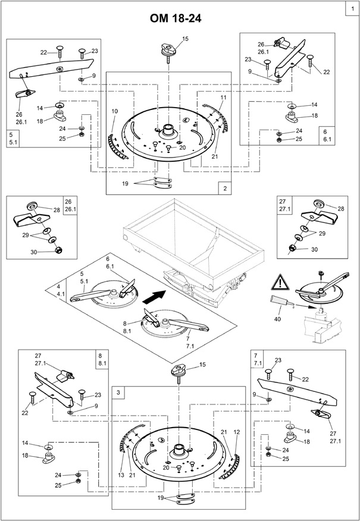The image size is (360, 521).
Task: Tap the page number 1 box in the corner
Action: pyautogui.click(x=352, y=9)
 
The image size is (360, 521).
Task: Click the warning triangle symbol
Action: pyautogui.click(x=280, y=283)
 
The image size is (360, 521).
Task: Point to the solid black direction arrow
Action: pyautogui.click(x=154, y=296)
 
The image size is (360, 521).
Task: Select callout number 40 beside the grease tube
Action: pyautogui.click(x=277, y=319)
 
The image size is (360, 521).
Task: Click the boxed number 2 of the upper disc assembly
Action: pyautogui.click(x=225, y=189)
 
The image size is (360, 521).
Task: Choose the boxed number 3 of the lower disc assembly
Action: pyautogui.click(x=118, y=393)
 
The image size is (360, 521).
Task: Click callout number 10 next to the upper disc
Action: pyautogui.click(x=115, y=111)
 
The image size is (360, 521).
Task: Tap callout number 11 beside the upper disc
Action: pyautogui.click(x=223, y=98)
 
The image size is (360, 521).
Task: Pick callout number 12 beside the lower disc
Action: pyautogui.click(x=237, y=432)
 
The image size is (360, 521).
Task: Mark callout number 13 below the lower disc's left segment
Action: pyautogui.click(x=121, y=475)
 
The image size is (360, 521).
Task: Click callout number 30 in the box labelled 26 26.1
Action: pyautogui.click(x=33, y=252)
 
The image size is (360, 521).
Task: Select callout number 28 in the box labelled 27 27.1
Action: pyautogui.click(x=341, y=209)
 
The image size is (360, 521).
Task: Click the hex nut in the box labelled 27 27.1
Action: pyautogui.click(x=293, y=247)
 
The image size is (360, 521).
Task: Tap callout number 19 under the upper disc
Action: pyautogui.click(x=125, y=183)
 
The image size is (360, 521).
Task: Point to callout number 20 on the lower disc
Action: pyautogui.click(x=166, y=467)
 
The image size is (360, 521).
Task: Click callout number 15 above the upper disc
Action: pyautogui.click(x=185, y=39)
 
